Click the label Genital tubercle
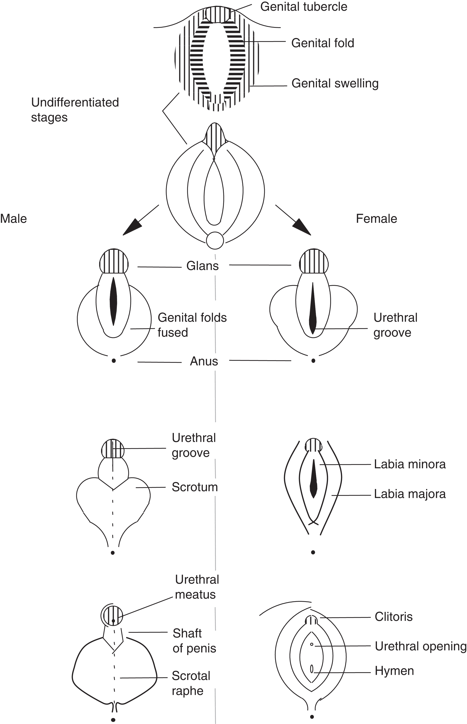[x=303, y=7]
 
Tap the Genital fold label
[x=323, y=43]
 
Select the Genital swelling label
[x=335, y=83]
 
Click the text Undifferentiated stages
[x=75, y=110]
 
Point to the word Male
[x=14, y=219]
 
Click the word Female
[x=376, y=219]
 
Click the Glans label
[x=202, y=266]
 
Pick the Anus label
[x=204, y=361]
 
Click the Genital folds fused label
[x=192, y=325]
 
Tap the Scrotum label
[x=195, y=487]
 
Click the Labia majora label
[x=410, y=494]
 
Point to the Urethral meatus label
[x=197, y=587]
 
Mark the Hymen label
[x=394, y=671]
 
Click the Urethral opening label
[x=420, y=646]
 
